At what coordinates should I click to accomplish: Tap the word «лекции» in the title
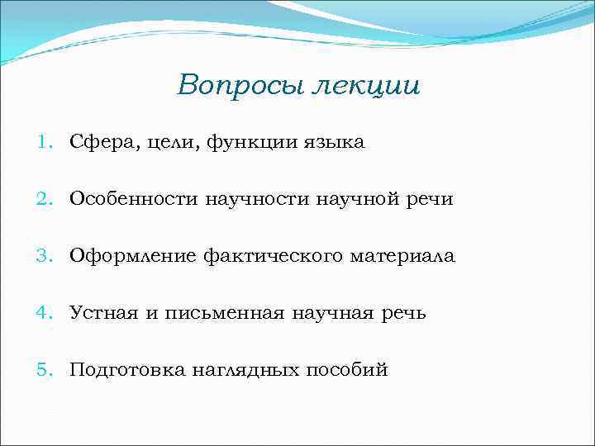(364, 87)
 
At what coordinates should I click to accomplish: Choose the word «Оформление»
(133, 256)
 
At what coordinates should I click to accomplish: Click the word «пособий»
(346, 369)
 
